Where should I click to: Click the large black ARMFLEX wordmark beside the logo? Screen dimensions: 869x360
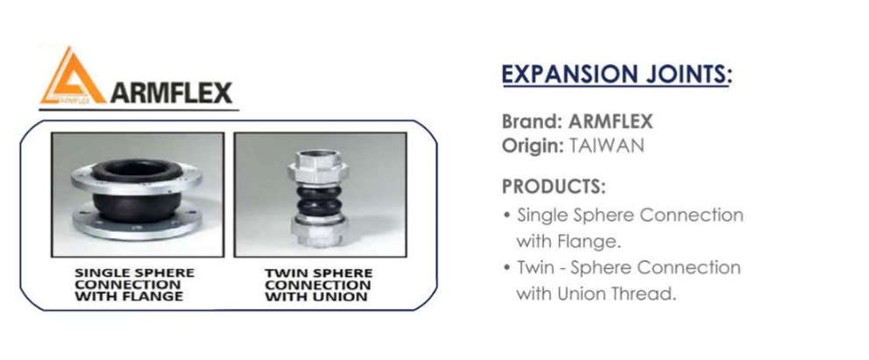point(171,93)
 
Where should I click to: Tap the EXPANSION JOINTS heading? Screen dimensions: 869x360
point(617,74)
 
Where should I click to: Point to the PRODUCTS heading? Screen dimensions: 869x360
point(554,187)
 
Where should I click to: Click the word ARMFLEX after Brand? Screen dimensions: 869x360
point(611,121)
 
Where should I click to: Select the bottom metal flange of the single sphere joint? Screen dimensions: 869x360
point(137,221)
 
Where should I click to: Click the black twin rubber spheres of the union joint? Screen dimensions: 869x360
point(319,200)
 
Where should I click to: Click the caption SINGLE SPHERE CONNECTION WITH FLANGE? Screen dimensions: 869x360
point(135,285)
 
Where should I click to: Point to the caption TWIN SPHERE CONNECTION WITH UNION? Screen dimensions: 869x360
point(318,286)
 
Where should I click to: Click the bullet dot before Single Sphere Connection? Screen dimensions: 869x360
point(506,215)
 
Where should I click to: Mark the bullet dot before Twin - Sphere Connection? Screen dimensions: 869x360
point(506,268)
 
